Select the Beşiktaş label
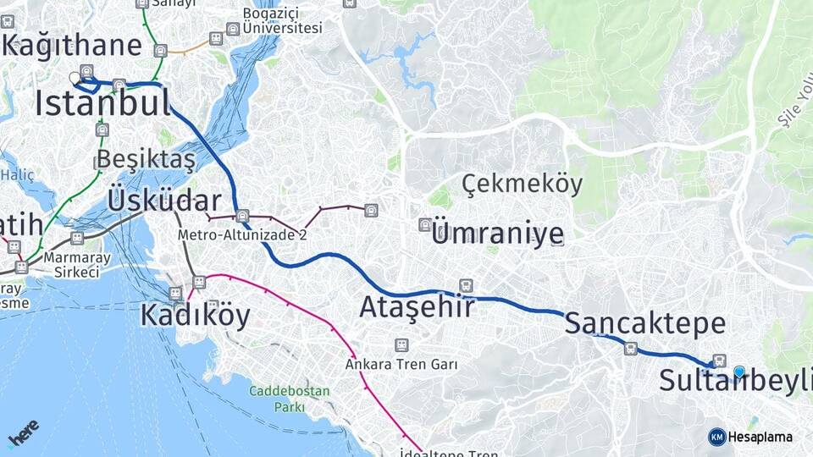pos(146,159)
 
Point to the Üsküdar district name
pos(164,201)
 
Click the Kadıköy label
pos(195,316)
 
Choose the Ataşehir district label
pos(417,307)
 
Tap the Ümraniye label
pos(497,233)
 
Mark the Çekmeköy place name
pos(522,184)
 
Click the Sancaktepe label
pos(644,323)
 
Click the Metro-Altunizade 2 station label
pos(242,235)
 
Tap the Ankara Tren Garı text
pos(401,365)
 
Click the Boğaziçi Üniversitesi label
pos(282,20)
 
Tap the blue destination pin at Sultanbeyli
pos(739,372)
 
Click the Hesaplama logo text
pos(760,437)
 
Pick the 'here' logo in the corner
pos(23,433)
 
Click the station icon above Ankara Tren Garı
pos(401,345)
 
